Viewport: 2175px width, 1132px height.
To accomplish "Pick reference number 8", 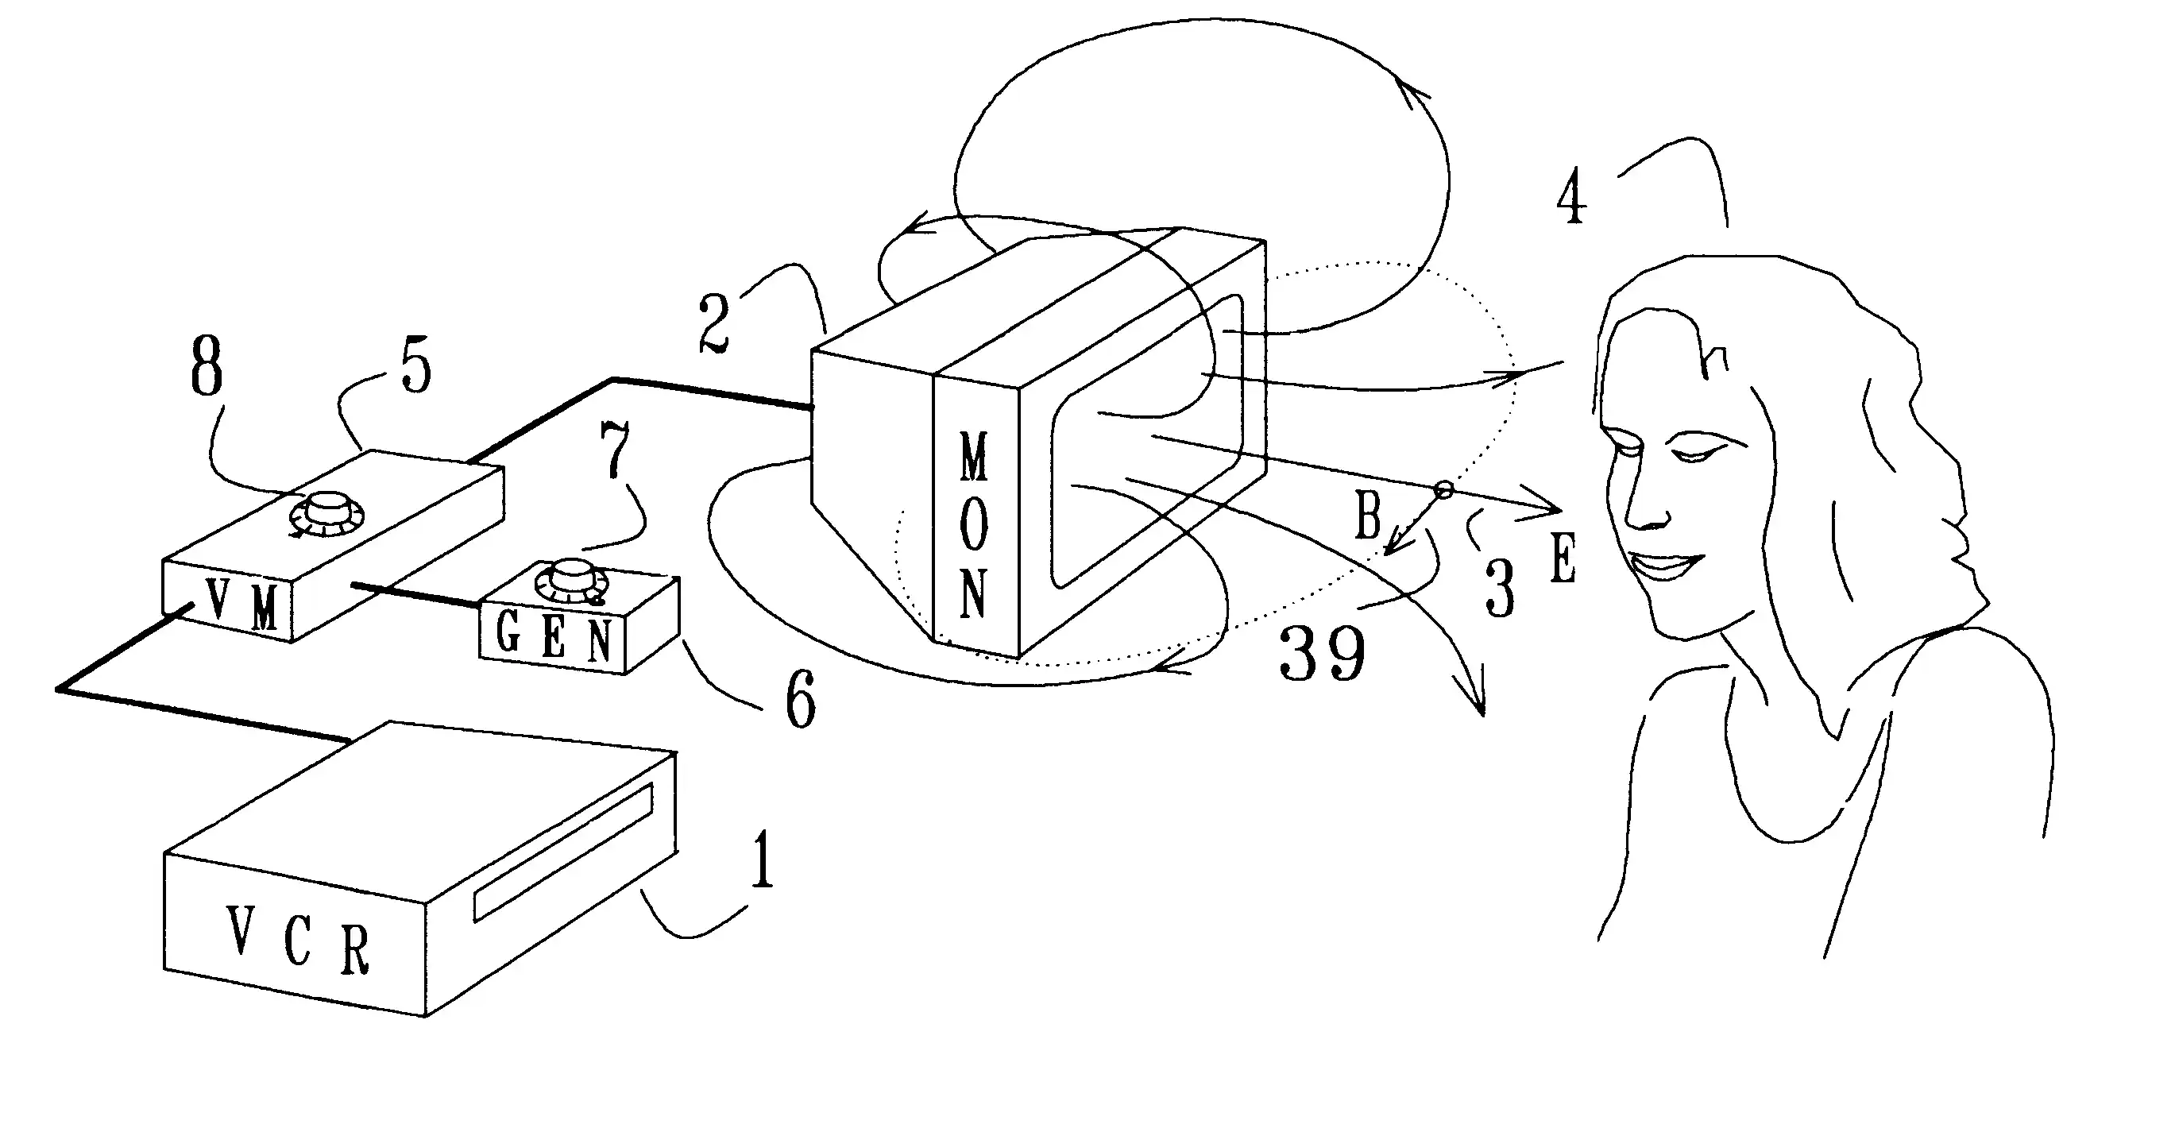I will pos(207,365).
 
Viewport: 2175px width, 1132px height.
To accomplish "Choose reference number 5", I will pos(415,365).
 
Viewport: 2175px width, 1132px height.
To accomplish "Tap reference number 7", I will pos(615,449).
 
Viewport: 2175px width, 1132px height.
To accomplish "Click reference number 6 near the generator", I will pos(801,699).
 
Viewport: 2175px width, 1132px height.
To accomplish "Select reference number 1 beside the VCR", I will pos(763,860).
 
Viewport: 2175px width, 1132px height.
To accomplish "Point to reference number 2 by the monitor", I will pos(714,323).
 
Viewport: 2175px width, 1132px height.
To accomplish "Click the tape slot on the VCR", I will pos(563,851).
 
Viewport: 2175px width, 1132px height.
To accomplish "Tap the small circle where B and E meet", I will pos(1444,489).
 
